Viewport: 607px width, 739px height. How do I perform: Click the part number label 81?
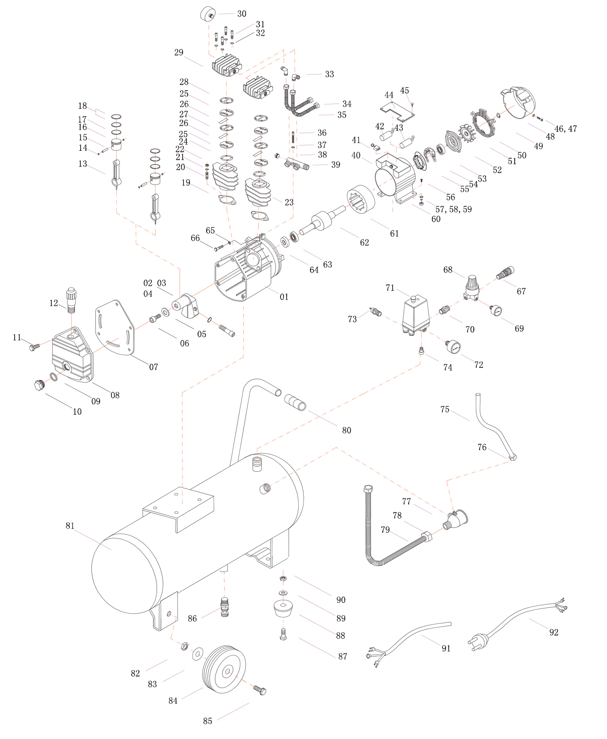point(70,526)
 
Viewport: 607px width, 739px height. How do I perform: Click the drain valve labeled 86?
point(225,607)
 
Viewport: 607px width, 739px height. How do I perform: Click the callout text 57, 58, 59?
point(453,210)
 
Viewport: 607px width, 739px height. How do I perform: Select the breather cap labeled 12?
point(72,300)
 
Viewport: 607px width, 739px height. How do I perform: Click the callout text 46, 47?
point(565,129)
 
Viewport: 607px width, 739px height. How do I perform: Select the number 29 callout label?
point(179,52)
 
